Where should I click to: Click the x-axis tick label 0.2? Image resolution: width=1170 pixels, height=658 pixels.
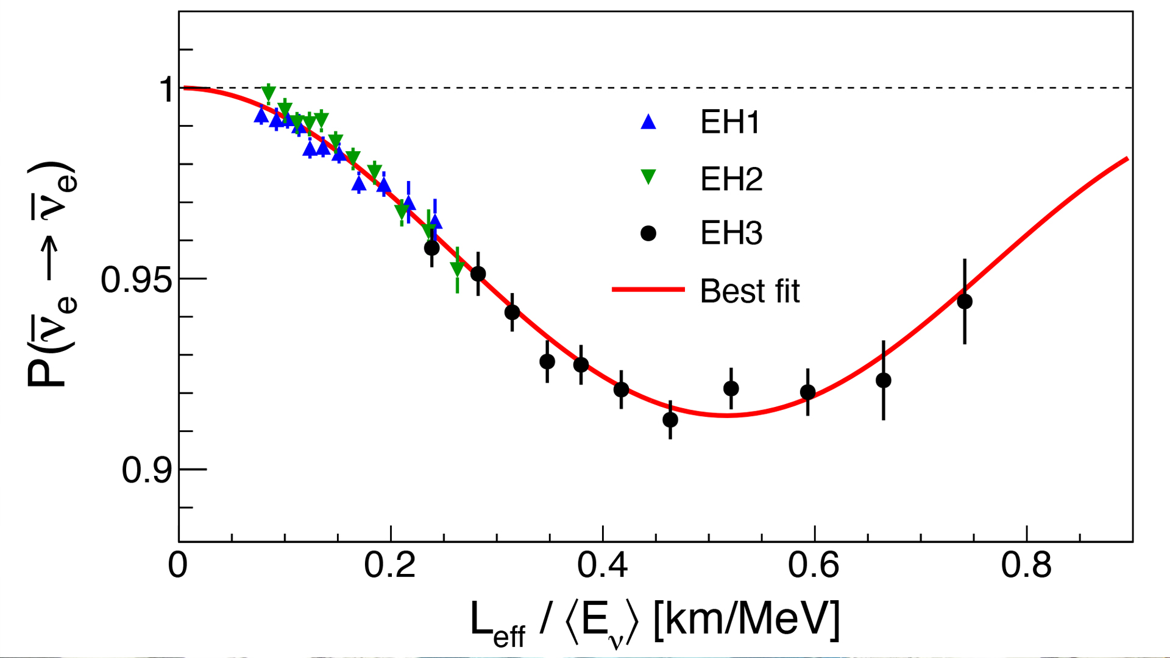pos(389,565)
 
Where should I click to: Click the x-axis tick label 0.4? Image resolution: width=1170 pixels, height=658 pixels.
pos(602,565)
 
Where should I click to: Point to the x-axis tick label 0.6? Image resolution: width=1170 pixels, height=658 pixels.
pos(814,565)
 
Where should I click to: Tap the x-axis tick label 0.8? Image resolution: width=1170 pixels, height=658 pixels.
pos(1026,565)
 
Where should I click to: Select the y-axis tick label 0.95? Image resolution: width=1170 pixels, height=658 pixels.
pos(136,280)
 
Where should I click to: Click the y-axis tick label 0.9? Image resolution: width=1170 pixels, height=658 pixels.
pos(147,470)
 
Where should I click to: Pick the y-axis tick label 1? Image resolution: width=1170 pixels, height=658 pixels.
pos(167,90)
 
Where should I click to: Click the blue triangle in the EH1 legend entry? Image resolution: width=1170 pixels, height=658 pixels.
pos(648,122)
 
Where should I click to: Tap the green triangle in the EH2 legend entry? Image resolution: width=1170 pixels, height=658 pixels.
pos(648,177)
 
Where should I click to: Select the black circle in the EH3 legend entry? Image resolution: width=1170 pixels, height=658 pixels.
pos(648,233)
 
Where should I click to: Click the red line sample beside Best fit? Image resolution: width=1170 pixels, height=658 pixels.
pos(648,289)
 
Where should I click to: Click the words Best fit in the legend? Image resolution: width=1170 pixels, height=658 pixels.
pos(750,291)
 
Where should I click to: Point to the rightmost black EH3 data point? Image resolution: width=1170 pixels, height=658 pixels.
pos(965,302)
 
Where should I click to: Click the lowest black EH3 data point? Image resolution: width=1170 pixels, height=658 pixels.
pos(670,420)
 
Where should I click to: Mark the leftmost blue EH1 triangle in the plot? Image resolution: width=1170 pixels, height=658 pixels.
pos(261,115)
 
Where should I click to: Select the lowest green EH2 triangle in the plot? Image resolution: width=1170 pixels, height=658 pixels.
pos(457,268)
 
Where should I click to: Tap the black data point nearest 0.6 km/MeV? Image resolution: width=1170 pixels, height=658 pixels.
pos(808,392)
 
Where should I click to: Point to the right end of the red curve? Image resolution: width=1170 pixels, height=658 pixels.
pos(1127,159)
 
